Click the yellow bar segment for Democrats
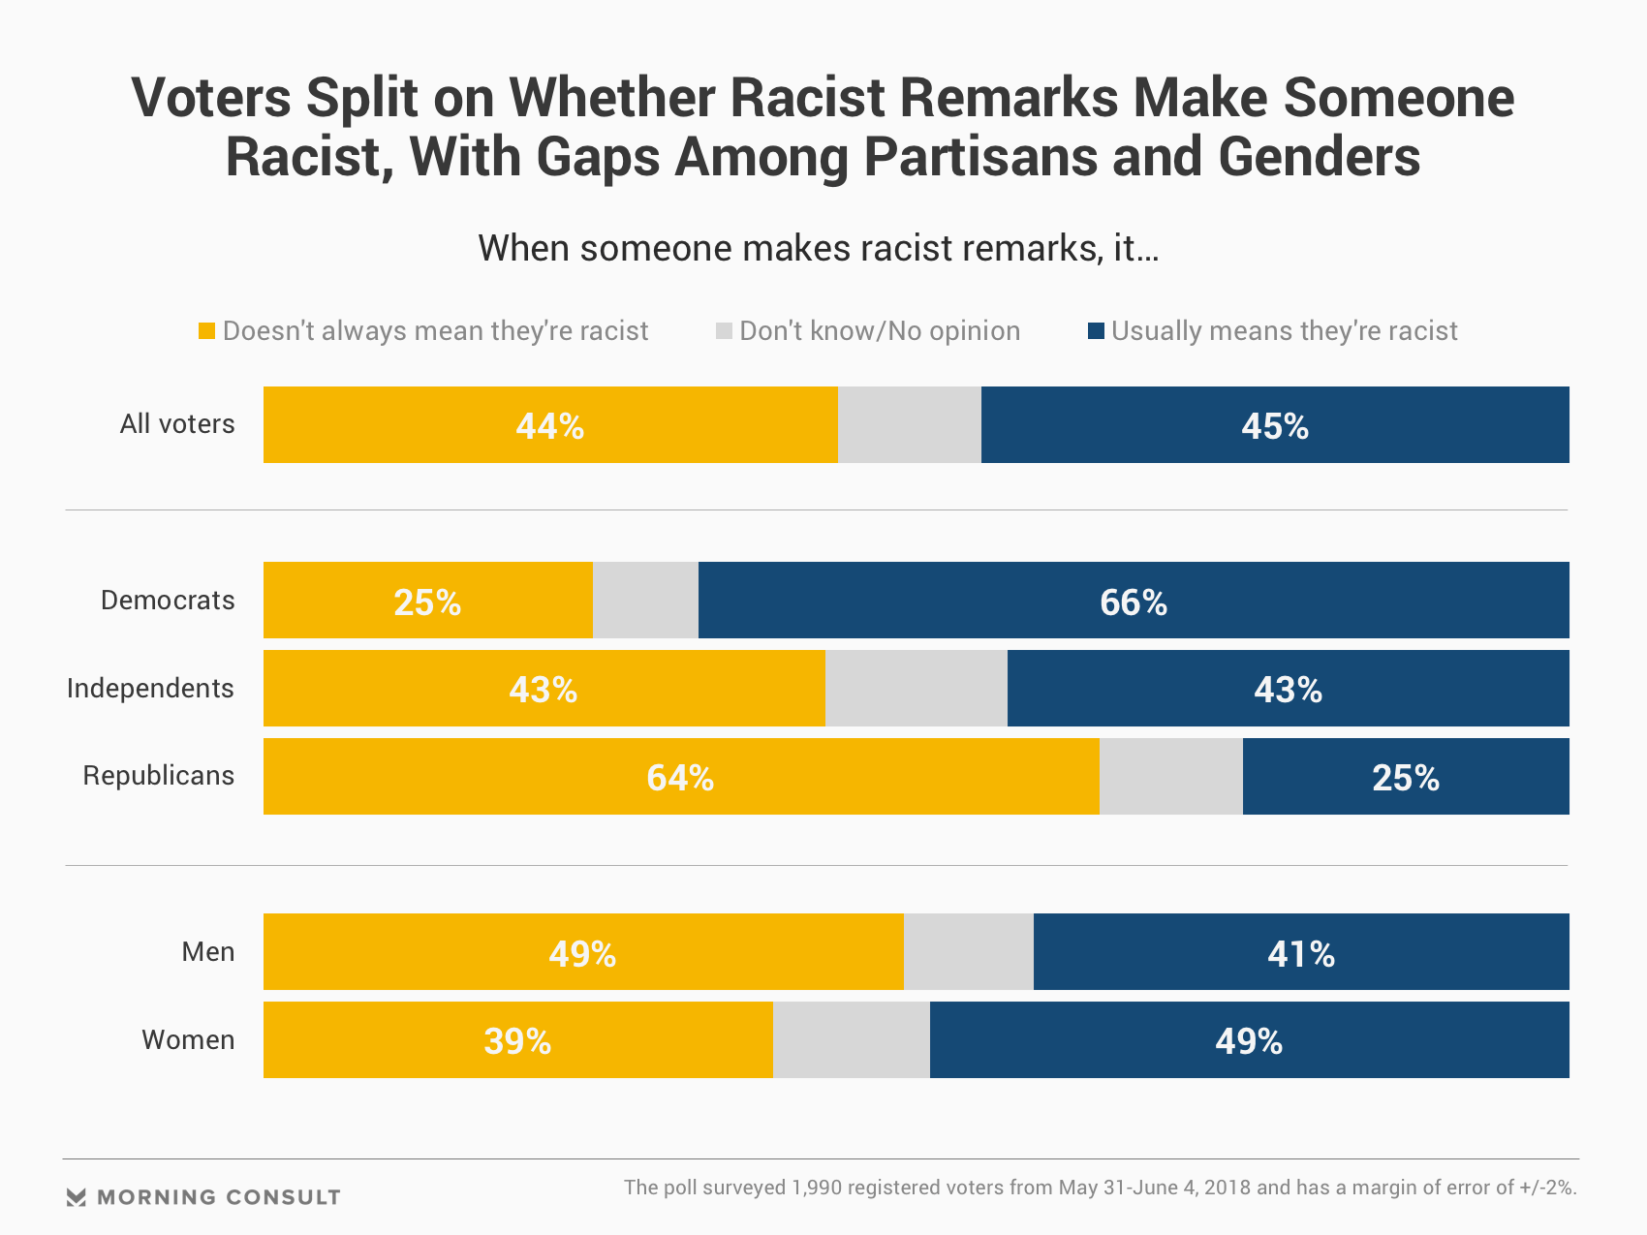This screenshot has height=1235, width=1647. coord(427,601)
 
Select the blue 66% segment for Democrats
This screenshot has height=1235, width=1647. coord(1134,601)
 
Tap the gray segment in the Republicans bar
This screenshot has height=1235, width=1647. coord(1170,777)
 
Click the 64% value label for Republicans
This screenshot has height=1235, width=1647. coord(680,778)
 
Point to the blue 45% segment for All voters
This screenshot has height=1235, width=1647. coord(1275,425)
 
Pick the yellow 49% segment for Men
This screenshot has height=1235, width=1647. coord(582,952)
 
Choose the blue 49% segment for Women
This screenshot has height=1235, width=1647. coord(1249,1040)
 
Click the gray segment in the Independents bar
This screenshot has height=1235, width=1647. coord(916,689)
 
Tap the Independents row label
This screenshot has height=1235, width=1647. coord(150,689)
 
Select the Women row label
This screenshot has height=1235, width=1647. coord(188,1040)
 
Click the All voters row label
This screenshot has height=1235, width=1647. coord(177,424)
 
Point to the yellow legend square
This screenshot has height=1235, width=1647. coord(206,331)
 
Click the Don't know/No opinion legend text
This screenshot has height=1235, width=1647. coord(879,331)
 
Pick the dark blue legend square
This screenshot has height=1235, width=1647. coord(1096,331)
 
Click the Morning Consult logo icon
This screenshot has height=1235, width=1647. coord(77,1197)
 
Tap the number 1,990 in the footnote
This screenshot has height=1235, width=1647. coord(819,1188)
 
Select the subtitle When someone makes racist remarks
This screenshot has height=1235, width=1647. coord(818,249)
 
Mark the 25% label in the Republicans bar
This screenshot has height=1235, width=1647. coord(1405,778)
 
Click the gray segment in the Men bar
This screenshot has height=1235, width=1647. coord(968,952)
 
